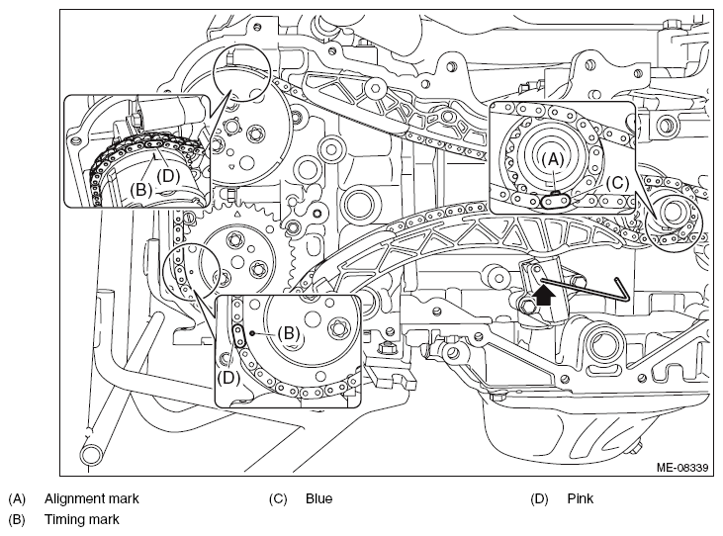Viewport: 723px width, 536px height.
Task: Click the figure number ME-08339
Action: [682, 468]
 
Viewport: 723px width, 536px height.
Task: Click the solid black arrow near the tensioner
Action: [544, 296]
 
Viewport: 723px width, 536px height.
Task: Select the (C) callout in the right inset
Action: [617, 183]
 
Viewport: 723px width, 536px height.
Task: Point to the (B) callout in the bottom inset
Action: [289, 332]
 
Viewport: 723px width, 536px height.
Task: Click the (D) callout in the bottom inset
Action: [229, 378]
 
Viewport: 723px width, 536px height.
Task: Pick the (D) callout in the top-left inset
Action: [168, 176]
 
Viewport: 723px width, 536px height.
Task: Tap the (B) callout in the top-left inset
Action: [141, 189]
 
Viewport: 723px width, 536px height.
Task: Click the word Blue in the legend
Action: [318, 498]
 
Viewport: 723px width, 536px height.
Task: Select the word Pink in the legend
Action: [580, 498]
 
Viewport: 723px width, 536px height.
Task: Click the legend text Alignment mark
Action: [91, 498]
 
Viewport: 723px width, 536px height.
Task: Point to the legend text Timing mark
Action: [82, 519]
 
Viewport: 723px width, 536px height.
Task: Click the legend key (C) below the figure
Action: [278, 498]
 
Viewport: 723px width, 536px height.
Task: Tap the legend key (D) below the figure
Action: [539, 498]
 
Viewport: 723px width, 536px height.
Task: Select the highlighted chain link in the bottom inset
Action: [239, 335]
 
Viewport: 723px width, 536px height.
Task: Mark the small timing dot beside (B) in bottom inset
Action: [252, 332]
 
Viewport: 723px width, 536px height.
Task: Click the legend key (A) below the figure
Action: [17, 498]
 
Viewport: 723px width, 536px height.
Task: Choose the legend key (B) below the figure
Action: [17, 520]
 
